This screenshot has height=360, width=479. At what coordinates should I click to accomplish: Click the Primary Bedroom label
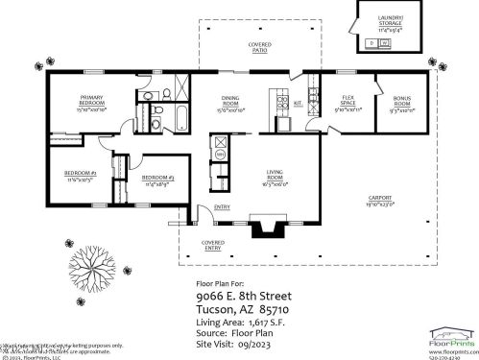tap(92, 101)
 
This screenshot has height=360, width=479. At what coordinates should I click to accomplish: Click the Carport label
tap(379, 202)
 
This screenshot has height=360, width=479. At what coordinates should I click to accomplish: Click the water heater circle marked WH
tap(218, 154)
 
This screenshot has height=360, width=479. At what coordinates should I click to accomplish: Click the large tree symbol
tap(93, 263)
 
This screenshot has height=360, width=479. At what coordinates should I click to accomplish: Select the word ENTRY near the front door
tap(222, 206)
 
